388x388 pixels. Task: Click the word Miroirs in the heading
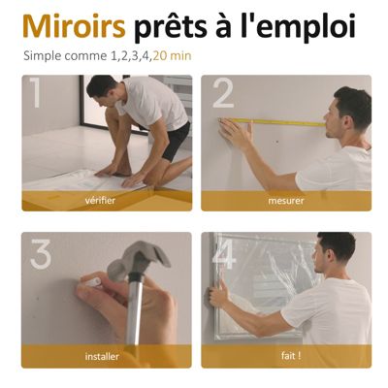(74, 26)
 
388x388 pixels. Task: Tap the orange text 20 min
(173, 56)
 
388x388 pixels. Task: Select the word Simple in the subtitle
(43, 56)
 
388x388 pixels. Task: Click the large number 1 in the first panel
(35, 92)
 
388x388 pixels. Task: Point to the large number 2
(223, 94)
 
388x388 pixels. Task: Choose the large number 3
(41, 254)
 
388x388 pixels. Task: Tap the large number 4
(223, 254)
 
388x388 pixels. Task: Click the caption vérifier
(100, 201)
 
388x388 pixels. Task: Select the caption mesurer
(286, 201)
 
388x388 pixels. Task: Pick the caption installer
(102, 356)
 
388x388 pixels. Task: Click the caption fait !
(291, 356)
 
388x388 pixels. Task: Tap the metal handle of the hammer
(135, 309)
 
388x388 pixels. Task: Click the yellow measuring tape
(272, 122)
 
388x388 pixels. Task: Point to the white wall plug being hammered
(93, 282)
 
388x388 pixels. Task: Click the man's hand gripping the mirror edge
(220, 293)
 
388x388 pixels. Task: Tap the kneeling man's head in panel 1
(101, 89)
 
